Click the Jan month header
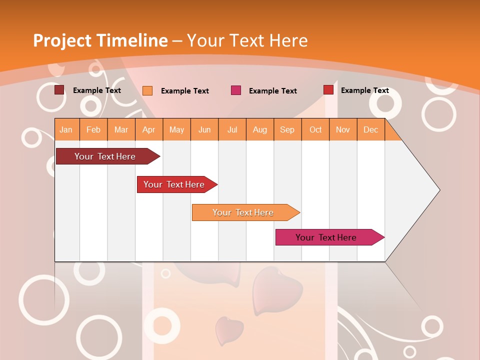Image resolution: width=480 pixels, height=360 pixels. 66,129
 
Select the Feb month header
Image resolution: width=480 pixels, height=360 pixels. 93,129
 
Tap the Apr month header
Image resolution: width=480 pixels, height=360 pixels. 148,129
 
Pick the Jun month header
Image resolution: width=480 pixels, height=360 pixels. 204,129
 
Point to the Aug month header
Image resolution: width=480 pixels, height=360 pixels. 259,129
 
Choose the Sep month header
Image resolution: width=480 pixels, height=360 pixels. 287,129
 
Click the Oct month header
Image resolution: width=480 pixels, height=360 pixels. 315,129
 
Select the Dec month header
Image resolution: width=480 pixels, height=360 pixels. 370,129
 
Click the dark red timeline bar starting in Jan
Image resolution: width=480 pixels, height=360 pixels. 105,156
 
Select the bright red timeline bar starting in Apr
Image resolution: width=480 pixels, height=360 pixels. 174,184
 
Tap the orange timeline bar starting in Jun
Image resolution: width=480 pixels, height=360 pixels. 243,212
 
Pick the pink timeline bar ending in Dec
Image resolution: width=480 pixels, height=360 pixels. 326,237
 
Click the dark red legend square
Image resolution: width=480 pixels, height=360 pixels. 59,90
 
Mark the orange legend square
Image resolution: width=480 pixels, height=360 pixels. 147,90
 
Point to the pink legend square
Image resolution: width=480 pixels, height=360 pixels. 236,90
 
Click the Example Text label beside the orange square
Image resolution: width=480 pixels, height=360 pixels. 185,91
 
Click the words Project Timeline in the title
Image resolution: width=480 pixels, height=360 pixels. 100,40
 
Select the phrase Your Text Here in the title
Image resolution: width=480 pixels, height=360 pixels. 247,40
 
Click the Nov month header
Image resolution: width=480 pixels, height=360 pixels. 343,129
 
